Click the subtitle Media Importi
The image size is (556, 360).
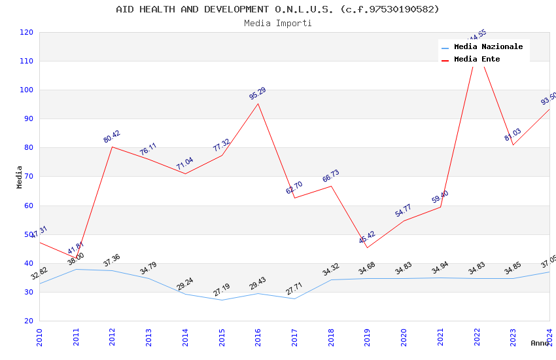277,23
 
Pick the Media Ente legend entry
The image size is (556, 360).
477,60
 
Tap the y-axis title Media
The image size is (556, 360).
20,177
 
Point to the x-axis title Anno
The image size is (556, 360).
540,343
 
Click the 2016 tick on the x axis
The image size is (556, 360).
258,337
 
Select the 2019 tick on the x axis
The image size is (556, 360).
368,337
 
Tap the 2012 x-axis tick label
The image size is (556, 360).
113,337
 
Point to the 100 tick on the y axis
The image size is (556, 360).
27,90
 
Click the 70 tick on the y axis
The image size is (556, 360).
29,177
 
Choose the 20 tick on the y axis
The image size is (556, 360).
29,321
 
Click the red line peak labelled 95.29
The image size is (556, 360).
258,103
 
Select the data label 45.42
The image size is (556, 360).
367,238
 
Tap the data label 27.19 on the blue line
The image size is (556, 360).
222,290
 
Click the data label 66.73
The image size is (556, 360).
331,177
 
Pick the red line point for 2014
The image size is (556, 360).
185,173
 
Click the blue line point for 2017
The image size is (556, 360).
294,298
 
